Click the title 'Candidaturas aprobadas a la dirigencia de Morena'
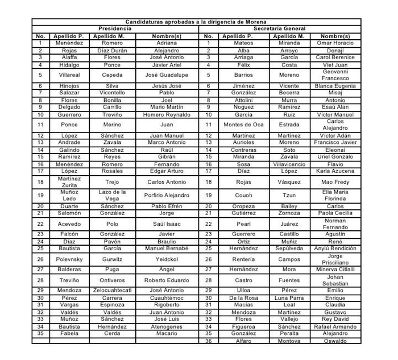199,22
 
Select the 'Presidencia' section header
115,28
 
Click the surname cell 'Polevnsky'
69,259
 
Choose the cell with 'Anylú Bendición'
335,249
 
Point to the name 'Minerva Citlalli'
335,270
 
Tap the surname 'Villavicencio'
289,164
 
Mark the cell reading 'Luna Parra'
289,297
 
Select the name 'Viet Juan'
335,65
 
